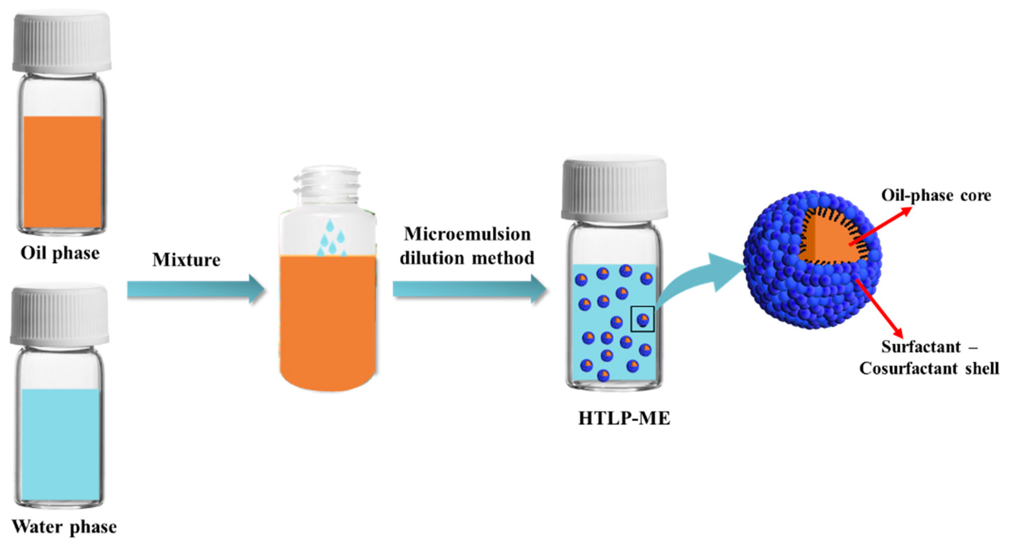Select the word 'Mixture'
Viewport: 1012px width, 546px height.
186,260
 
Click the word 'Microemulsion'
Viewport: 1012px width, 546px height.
467,234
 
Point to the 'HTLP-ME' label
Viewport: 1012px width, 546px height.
624,419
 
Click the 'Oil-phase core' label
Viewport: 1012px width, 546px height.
936,195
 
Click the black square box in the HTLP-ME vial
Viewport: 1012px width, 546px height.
642,319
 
